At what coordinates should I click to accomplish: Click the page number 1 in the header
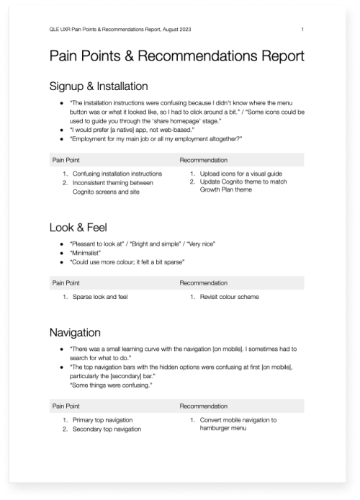(303, 29)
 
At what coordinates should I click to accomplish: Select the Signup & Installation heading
(99, 86)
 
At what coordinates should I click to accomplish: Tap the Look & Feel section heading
(78, 228)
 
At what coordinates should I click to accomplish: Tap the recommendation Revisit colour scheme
(229, 296)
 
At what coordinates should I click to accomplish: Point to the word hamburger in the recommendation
(215, 429)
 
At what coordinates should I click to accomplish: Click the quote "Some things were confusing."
(110, 385)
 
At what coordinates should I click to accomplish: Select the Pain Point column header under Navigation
(66, 406)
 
